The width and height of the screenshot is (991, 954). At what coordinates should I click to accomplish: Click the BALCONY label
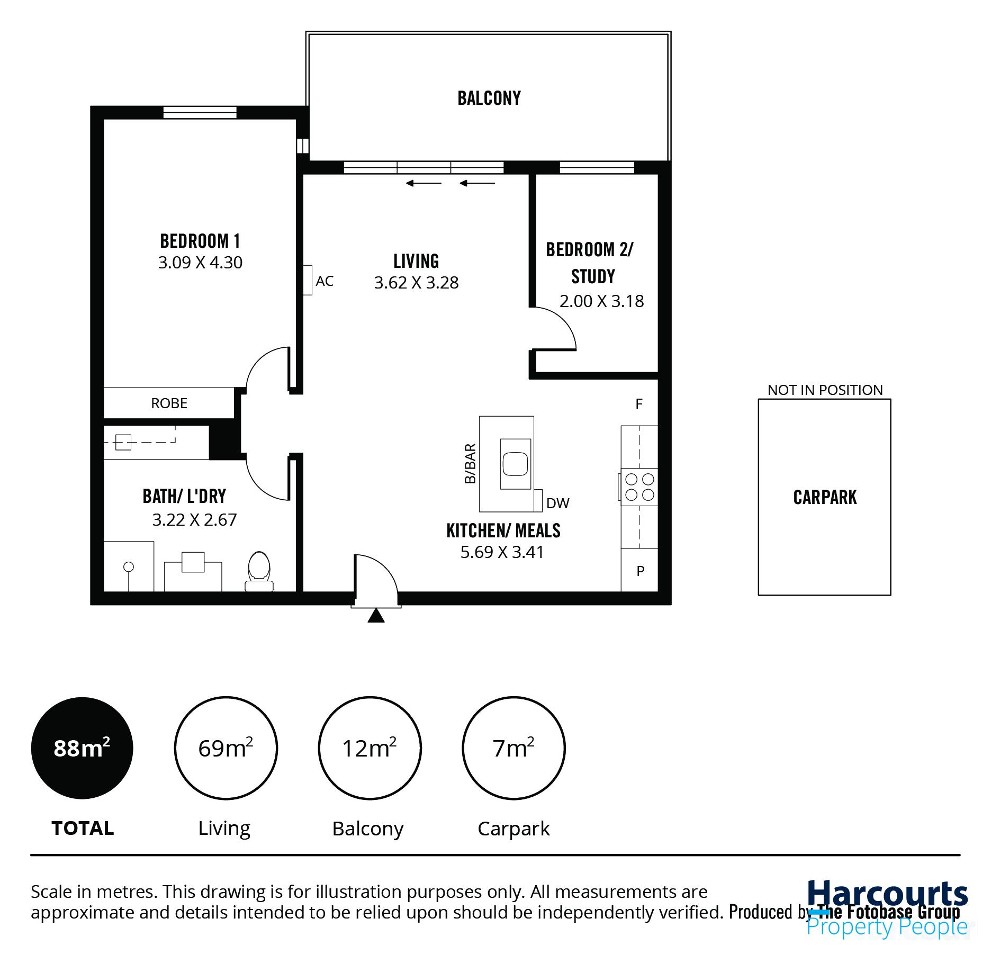489,98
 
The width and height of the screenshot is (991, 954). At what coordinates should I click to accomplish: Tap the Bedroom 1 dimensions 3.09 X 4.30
200,263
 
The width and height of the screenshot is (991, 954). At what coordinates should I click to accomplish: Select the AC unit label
324,281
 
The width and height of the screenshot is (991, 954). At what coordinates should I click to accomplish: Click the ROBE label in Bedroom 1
169,403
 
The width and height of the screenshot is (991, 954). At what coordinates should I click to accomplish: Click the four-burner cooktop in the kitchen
639,487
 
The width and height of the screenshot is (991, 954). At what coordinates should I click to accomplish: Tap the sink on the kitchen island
515,464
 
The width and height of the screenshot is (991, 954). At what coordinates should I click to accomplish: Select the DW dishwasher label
557,503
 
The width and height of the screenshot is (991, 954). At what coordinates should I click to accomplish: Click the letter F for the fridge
639,404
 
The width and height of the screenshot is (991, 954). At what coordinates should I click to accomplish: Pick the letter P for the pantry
640,571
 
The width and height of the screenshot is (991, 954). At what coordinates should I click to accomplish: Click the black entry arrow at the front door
376,616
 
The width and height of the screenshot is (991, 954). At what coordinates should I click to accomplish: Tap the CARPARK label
824,498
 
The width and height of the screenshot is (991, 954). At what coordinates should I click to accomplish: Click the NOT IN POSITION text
825,390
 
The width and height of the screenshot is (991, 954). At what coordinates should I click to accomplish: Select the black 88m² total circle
82,748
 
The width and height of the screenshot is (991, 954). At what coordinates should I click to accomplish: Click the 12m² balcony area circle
370,748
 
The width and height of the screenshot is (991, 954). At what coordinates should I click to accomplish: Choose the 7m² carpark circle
513,748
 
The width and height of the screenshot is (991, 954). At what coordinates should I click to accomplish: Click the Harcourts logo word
887,894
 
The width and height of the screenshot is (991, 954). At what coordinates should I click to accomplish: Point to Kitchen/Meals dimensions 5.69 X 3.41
502,552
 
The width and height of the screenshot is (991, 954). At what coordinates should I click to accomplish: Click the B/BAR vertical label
470,464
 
